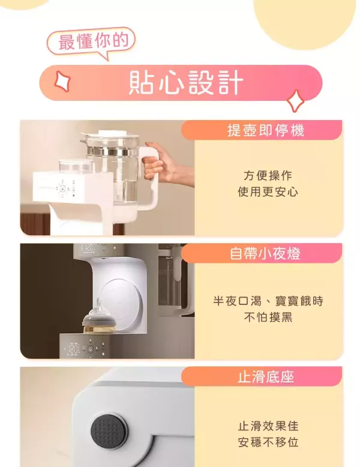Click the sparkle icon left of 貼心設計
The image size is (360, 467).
pos(62,80)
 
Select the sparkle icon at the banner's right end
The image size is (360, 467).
pos(295,100)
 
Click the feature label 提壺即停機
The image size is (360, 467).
pos(265,130)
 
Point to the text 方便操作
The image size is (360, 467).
pos(268,175)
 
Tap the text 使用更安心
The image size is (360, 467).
pos(268,192)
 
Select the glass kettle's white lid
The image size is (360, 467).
pos(113,137)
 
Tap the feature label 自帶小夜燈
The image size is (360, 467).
pos(265,254)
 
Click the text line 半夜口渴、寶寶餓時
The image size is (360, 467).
pos(268,301)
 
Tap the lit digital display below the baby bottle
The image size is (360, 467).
pos(74,348)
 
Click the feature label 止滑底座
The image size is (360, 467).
pos(265,377)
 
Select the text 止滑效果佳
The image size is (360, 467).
pos(268,426)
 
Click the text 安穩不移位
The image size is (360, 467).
pos(268,443)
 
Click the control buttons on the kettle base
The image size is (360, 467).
pos(62,190)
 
